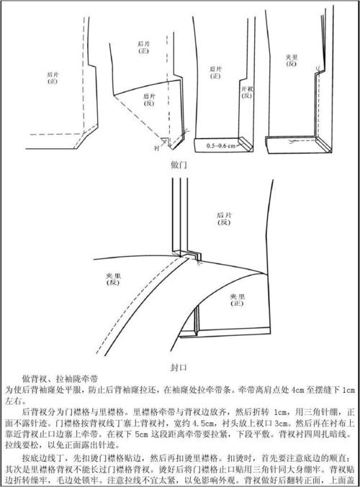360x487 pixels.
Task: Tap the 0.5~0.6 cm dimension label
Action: (x=220, y=146)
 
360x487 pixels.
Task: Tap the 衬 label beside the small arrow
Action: (x=156, y=148)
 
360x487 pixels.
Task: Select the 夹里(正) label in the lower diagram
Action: (x=238, y=299)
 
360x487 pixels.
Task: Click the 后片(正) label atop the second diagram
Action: (x=144, y=47)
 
